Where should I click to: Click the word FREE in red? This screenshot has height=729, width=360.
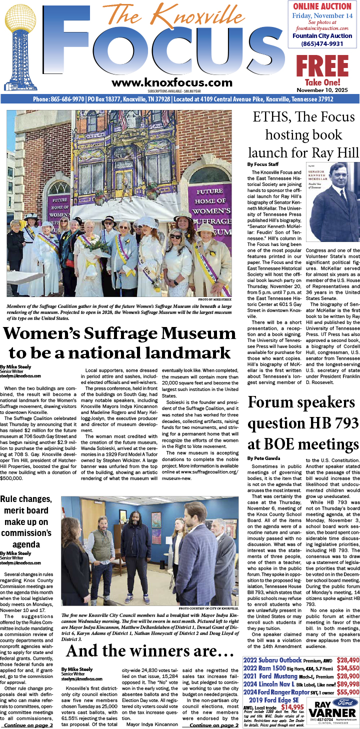pos(322,66)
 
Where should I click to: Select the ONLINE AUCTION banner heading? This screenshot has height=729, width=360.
pos(322,6)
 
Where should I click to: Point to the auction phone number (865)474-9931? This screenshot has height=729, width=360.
pos(322,44)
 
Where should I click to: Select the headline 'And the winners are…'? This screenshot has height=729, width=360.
pos(150,650)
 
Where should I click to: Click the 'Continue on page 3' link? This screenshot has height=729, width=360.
pos(28,724)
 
